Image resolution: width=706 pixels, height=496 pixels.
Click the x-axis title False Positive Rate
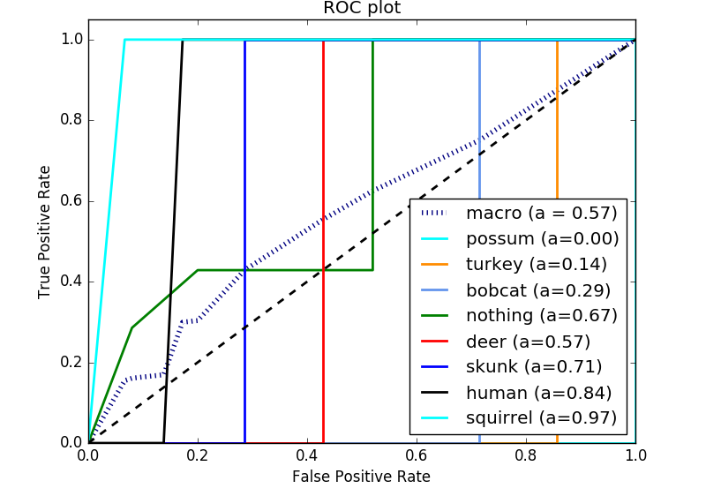362,477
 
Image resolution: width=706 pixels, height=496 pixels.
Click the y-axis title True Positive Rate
45,231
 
